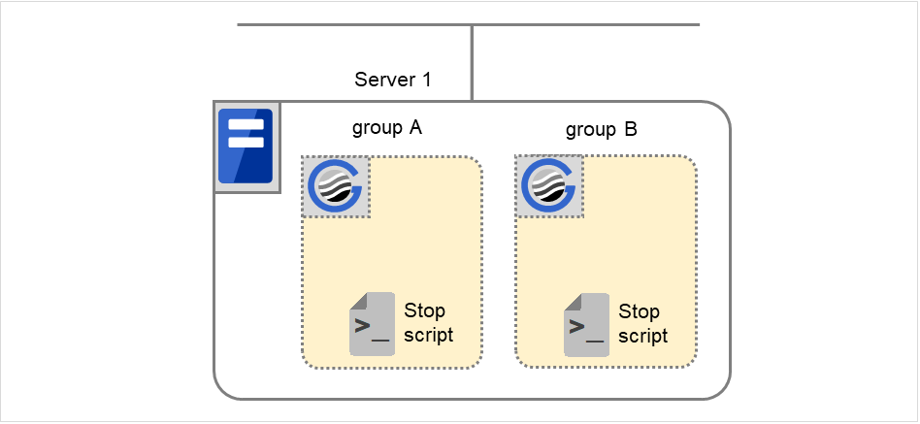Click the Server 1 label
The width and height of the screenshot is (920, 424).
click(x=393, y=80)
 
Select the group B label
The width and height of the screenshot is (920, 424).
click(x=602, y=129)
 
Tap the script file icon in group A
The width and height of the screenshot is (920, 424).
click(x=372, y=323)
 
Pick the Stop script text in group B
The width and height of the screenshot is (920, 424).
click(x=641, y=323)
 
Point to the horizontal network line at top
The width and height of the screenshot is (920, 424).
click(x=349, y=24)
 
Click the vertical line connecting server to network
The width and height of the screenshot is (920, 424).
click(x=472, y=63)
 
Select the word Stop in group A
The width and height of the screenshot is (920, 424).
click(x=424, y=311)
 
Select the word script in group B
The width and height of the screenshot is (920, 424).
click(x=642, y=336)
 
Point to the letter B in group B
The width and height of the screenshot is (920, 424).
click(x=631, y=129)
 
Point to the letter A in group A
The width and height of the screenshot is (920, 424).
click(x=415, y=128)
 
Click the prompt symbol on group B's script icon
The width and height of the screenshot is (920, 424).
click(x=578, y=327)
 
